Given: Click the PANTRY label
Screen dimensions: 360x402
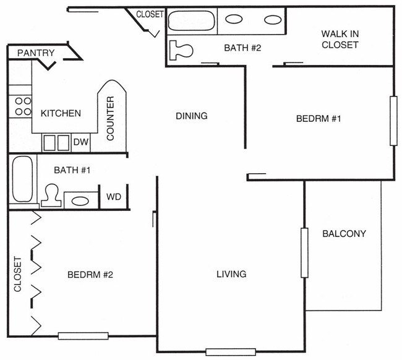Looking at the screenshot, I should [x=36, y=53].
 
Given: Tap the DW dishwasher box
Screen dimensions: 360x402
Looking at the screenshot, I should [x=81, y=142].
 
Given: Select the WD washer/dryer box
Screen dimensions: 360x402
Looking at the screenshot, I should [x=114, y=197].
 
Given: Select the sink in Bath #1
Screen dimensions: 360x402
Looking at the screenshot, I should [x=80, y=200].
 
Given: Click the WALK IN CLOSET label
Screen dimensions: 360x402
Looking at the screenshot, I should [x=340, y=39].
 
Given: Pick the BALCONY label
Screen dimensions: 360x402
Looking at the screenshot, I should [x=344, y=234].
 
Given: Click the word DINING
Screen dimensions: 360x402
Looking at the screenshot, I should [x=191, y=116].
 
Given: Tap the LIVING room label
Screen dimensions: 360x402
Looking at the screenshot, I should [x=231, y=274].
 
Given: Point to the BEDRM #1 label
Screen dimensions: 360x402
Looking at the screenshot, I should [x=319, y=119].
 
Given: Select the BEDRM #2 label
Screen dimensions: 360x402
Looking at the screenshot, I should [x=90, y=275].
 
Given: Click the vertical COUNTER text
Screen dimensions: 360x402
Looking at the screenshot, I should [x=111, y=118].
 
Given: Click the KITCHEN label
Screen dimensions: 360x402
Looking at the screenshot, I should [x=61, y=113].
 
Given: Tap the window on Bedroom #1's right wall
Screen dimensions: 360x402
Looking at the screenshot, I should [x=393, y=121].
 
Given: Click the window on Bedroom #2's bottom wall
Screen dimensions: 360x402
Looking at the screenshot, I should [x=79, y=336].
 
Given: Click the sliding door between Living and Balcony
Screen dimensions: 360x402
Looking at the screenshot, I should [x=304, y=252].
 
